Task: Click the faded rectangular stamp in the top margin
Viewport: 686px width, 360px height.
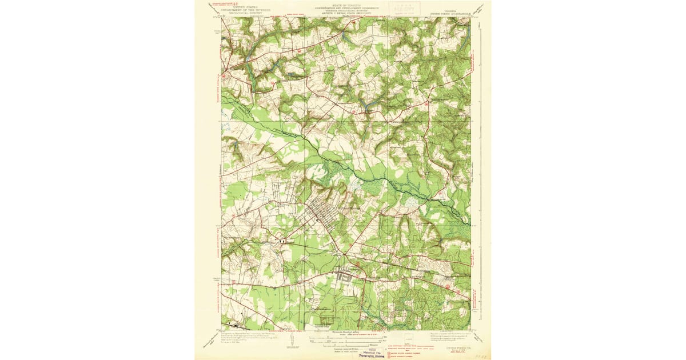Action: tap(402, 8)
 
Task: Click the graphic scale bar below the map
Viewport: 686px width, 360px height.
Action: tap(346, 338)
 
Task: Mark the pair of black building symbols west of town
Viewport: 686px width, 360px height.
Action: tap(282, 242)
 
